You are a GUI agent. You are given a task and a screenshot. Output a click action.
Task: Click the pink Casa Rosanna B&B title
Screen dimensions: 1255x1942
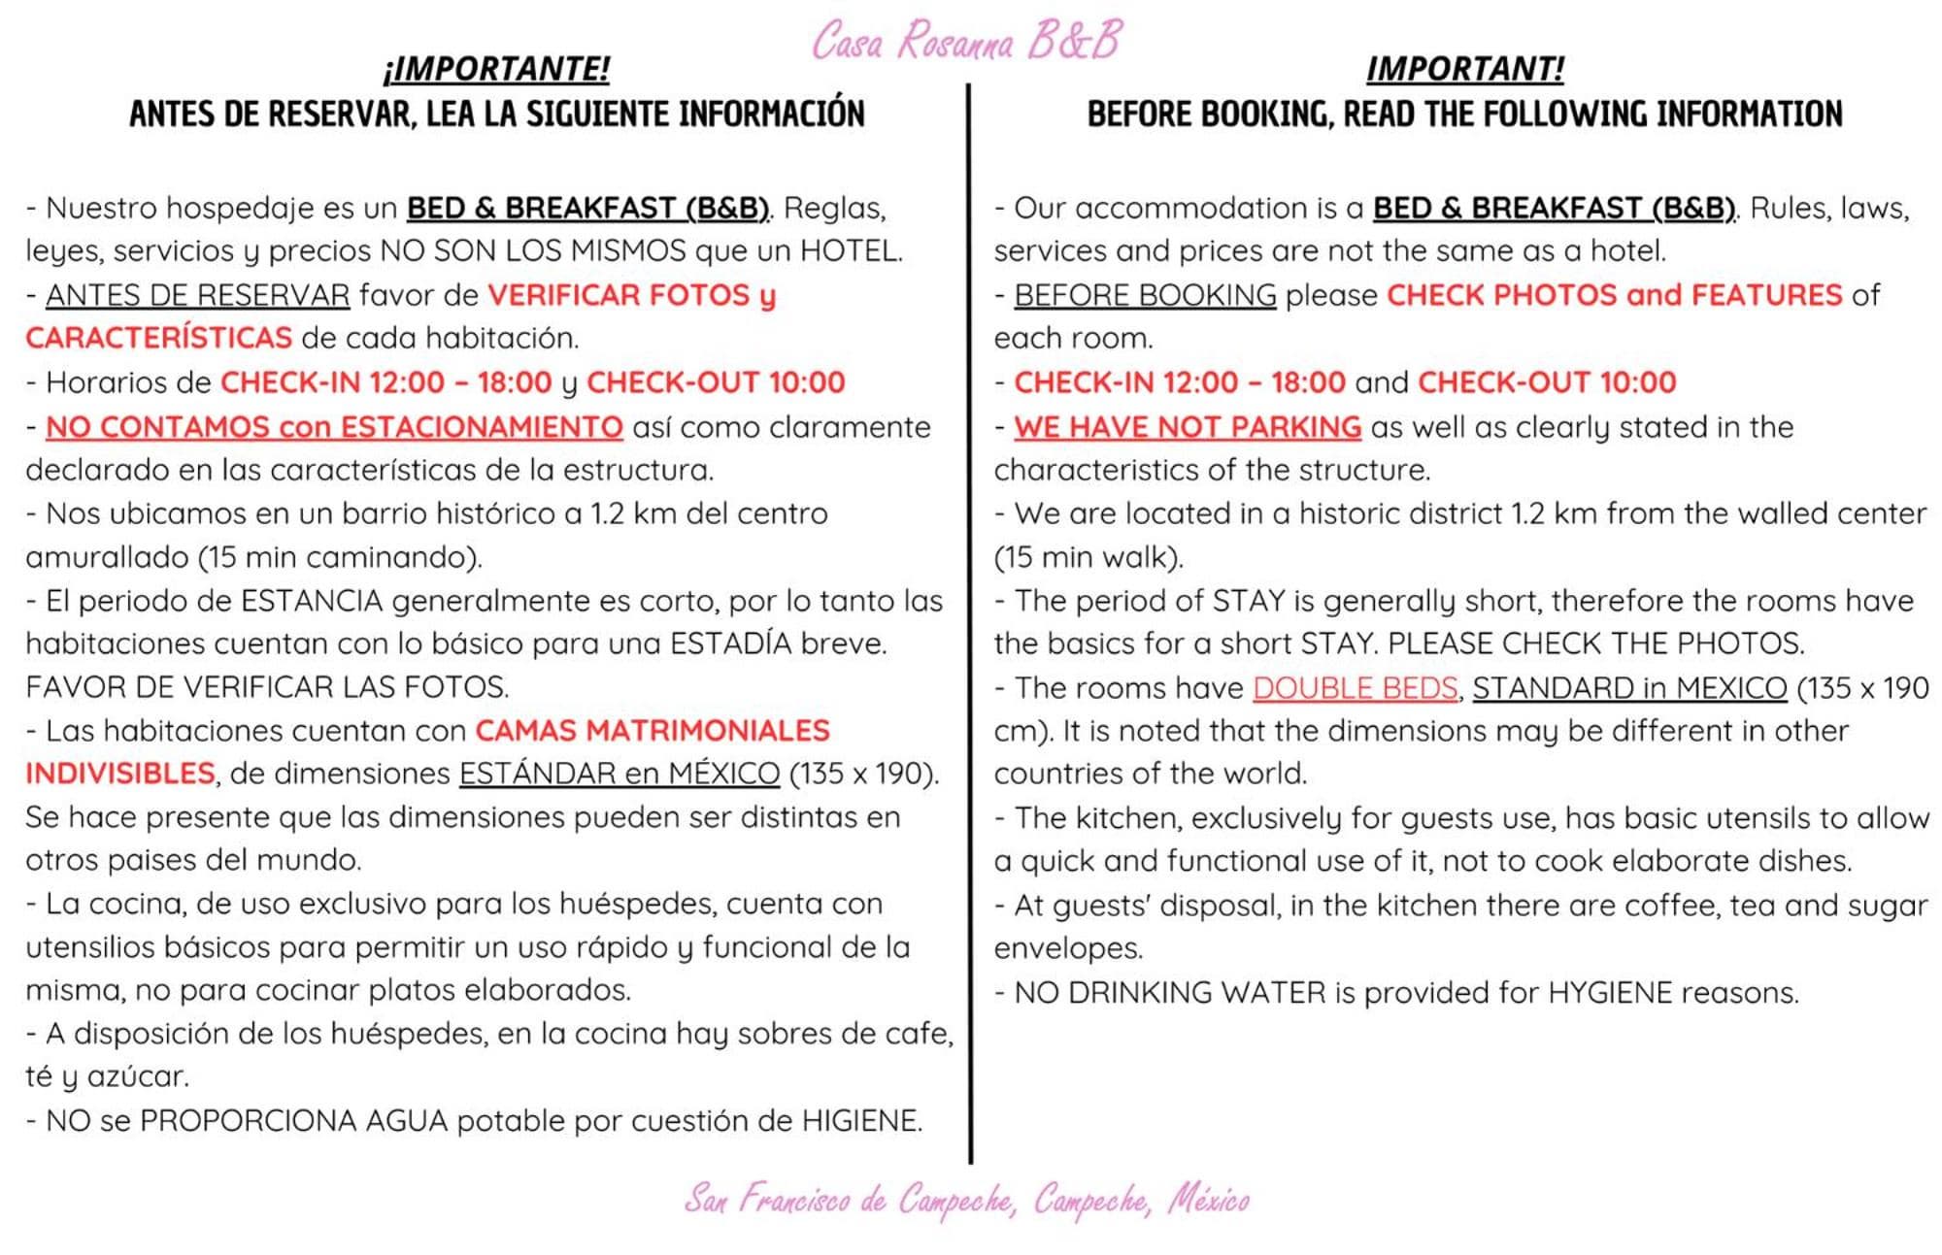pyautogui.click(x=966, y=41)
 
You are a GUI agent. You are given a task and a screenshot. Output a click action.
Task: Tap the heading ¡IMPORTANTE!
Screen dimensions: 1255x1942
pyautogui.click(x=496, y=69)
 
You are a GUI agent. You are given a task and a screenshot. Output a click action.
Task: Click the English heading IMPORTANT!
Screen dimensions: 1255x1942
pyautogui.click(x=1464, y=69)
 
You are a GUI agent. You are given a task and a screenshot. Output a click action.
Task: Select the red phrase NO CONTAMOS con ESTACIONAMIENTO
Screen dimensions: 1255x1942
pyautogui.click(x=334, y=427)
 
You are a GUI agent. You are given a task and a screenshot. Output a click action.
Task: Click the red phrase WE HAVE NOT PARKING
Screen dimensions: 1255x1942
pyautogui.click(x=1187, y=427)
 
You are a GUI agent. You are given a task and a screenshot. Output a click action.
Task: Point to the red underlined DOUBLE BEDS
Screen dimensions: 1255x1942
pyautogui.click(x=1355, y=688)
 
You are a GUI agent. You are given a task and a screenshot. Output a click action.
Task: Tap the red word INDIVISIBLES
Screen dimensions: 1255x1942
pyautogui.click(x=120, y=774)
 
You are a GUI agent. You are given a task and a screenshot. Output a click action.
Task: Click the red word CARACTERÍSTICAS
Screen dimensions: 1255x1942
pyautogui.click(x=158, y=338)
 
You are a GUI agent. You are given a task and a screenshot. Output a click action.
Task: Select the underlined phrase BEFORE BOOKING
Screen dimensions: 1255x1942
pyautogui.click(x=1145, y=295)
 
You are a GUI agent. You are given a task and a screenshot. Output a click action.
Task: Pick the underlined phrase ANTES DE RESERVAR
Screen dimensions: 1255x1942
pyautogui.click(x=197, y=295)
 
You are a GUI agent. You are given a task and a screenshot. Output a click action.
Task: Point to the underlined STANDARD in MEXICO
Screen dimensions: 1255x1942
pyautogui.click(x=1629, y=688)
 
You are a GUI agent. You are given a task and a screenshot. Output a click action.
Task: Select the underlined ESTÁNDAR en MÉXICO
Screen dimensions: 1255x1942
pyautogui.click(x=619, y=774)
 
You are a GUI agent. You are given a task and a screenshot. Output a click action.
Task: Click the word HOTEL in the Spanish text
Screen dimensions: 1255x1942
pyautogui.click(x=848, y=251)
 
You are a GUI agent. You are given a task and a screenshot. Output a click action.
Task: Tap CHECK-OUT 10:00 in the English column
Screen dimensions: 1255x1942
pyautogui.click(x=1547, y=382)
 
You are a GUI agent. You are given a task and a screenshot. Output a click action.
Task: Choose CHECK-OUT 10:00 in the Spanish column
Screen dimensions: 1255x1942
pyautogui.click(x=716, y=382)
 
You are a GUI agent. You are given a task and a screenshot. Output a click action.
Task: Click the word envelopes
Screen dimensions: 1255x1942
pyautogui.click(x=1068, y=948)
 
